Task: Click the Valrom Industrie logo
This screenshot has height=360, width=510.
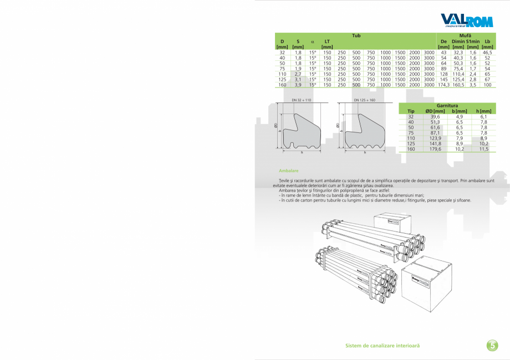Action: click(466, 20)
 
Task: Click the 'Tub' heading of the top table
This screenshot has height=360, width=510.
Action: click(356, 35)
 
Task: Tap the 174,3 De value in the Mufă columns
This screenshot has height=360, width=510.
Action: click(443, 85)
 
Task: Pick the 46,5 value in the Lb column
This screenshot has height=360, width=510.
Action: click(487, 52)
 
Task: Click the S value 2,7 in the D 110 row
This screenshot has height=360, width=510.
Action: click(298, 74)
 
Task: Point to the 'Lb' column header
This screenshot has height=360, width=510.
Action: click(487, 42)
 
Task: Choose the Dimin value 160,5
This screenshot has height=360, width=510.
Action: click(458, 85)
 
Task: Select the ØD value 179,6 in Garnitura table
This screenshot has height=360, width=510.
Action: click(432, 149)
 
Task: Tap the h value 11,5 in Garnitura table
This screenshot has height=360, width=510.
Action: click(483, 149)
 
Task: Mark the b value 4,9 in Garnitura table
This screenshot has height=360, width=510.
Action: click(460, 117)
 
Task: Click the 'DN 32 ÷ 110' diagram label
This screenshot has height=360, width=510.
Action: click(302, 100)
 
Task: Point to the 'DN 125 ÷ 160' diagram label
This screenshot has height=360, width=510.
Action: click(364, 100)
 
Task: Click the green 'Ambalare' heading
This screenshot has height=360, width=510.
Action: click(289, 171)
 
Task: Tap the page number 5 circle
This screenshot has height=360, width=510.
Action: click(492, 345)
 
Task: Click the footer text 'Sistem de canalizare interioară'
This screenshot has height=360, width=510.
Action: click(382, 345)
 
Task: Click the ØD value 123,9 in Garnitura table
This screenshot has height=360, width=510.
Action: click(432, 138)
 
